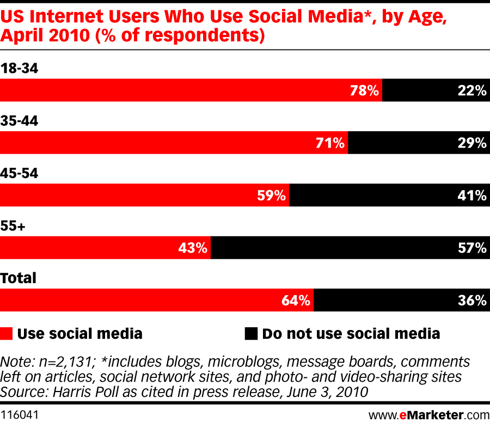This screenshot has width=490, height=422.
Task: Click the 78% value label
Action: (364, 90)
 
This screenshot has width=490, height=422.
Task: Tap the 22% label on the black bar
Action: (472, 90)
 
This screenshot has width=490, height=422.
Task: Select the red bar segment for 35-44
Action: (174, 143)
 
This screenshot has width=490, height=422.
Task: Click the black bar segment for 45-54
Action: (390, 195)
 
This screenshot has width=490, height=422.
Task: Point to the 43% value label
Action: (193, 248)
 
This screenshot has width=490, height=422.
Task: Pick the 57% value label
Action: (472, 248)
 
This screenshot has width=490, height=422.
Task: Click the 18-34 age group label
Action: (19, 68)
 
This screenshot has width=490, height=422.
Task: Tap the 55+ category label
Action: (13, 225)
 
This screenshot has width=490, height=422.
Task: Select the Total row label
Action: (18, 278)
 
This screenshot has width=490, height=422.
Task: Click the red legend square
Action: (6, 334)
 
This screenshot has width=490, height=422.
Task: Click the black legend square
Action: (251, 334)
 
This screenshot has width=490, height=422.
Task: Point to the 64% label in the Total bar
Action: (296, 301)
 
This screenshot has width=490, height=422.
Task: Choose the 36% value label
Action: (472, 301)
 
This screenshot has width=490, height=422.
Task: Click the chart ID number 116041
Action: (20, 415)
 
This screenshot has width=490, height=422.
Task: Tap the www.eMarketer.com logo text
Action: (429, 415)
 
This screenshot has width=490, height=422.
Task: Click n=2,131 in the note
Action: (66, 362)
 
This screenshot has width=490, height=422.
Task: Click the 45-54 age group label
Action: (19, 173)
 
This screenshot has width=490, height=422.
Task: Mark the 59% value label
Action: (271, 195)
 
